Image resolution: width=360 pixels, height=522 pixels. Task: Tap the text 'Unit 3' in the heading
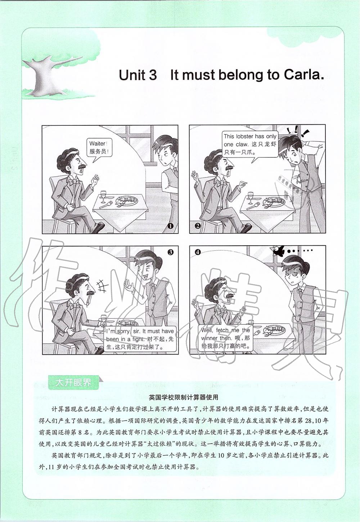click(x=138, y=75)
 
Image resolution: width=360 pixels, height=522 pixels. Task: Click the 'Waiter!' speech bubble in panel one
click(x=99, y=148)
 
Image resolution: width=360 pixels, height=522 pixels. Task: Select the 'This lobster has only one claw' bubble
click(x=250, y=144)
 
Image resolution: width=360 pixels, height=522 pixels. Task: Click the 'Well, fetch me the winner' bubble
click(x=226, y=338)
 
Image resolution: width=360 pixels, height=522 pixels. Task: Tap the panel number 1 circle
click(x=170, y=226)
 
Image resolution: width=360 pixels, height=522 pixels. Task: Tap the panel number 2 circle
click(x=197, y=226)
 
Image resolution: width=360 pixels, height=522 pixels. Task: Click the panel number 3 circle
click(x=171, y=252)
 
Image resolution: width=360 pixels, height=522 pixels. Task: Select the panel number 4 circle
click(x=198, y=252)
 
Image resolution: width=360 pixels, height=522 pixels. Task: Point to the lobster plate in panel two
click(x=275, y=201)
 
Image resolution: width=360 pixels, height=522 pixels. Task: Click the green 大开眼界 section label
click(x=73, y=382)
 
